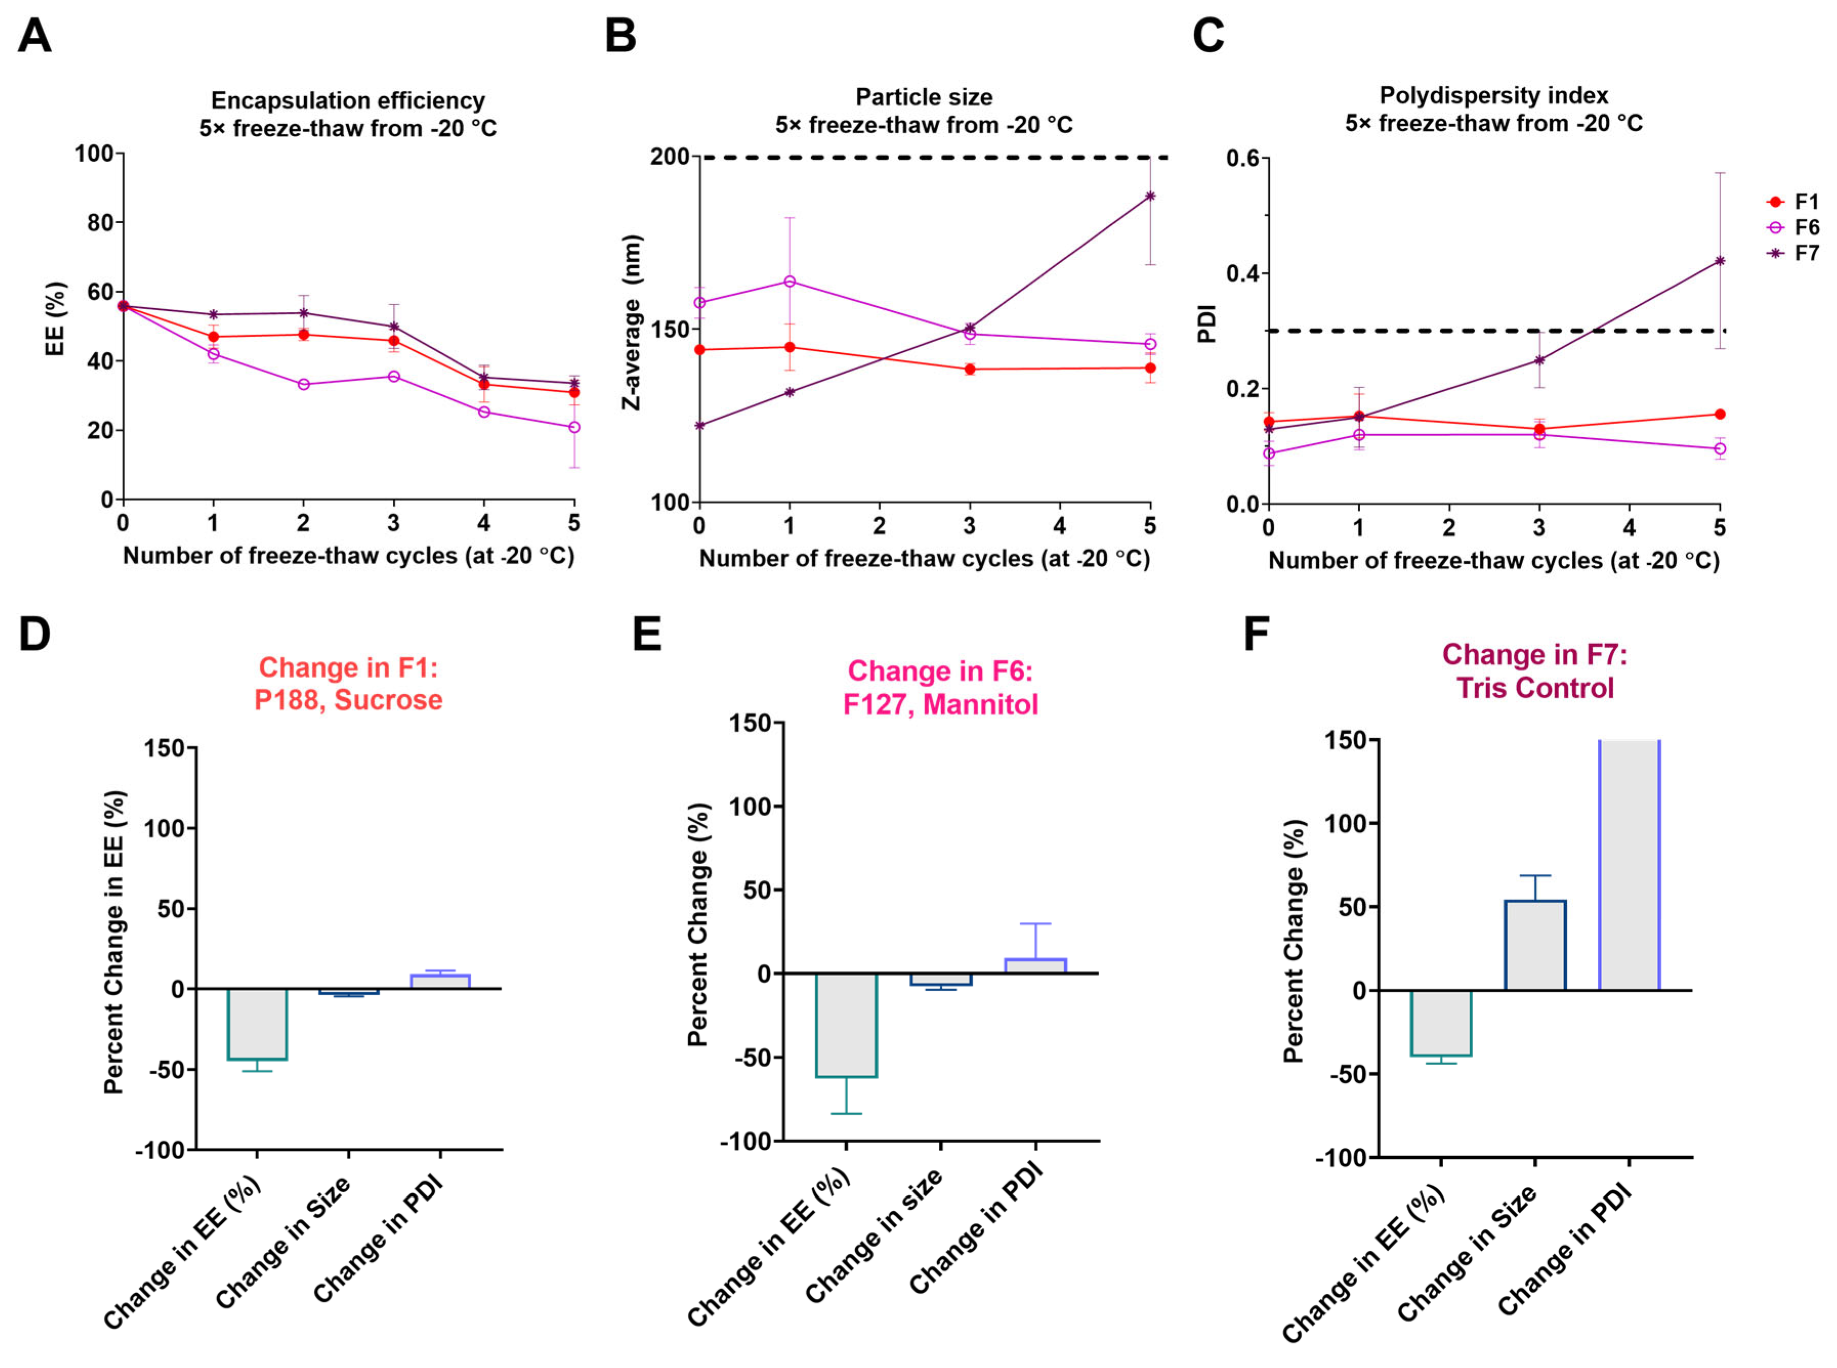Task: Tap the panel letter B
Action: [x=620, y=36]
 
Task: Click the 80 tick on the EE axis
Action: [x=100, y=223]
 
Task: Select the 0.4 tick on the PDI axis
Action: [x=1242, y=273]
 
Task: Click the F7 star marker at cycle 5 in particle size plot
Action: [x=1150, y=196]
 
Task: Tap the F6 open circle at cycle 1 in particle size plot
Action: [x=789, y=282]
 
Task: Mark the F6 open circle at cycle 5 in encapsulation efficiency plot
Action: [x=574, y=427]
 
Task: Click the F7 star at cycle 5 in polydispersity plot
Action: [x=1719, y=261]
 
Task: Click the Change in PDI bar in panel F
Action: [x=1629, y=865]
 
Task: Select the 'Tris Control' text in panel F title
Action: [x=1535, y=688]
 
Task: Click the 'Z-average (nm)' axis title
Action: [x=633, y=323]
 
